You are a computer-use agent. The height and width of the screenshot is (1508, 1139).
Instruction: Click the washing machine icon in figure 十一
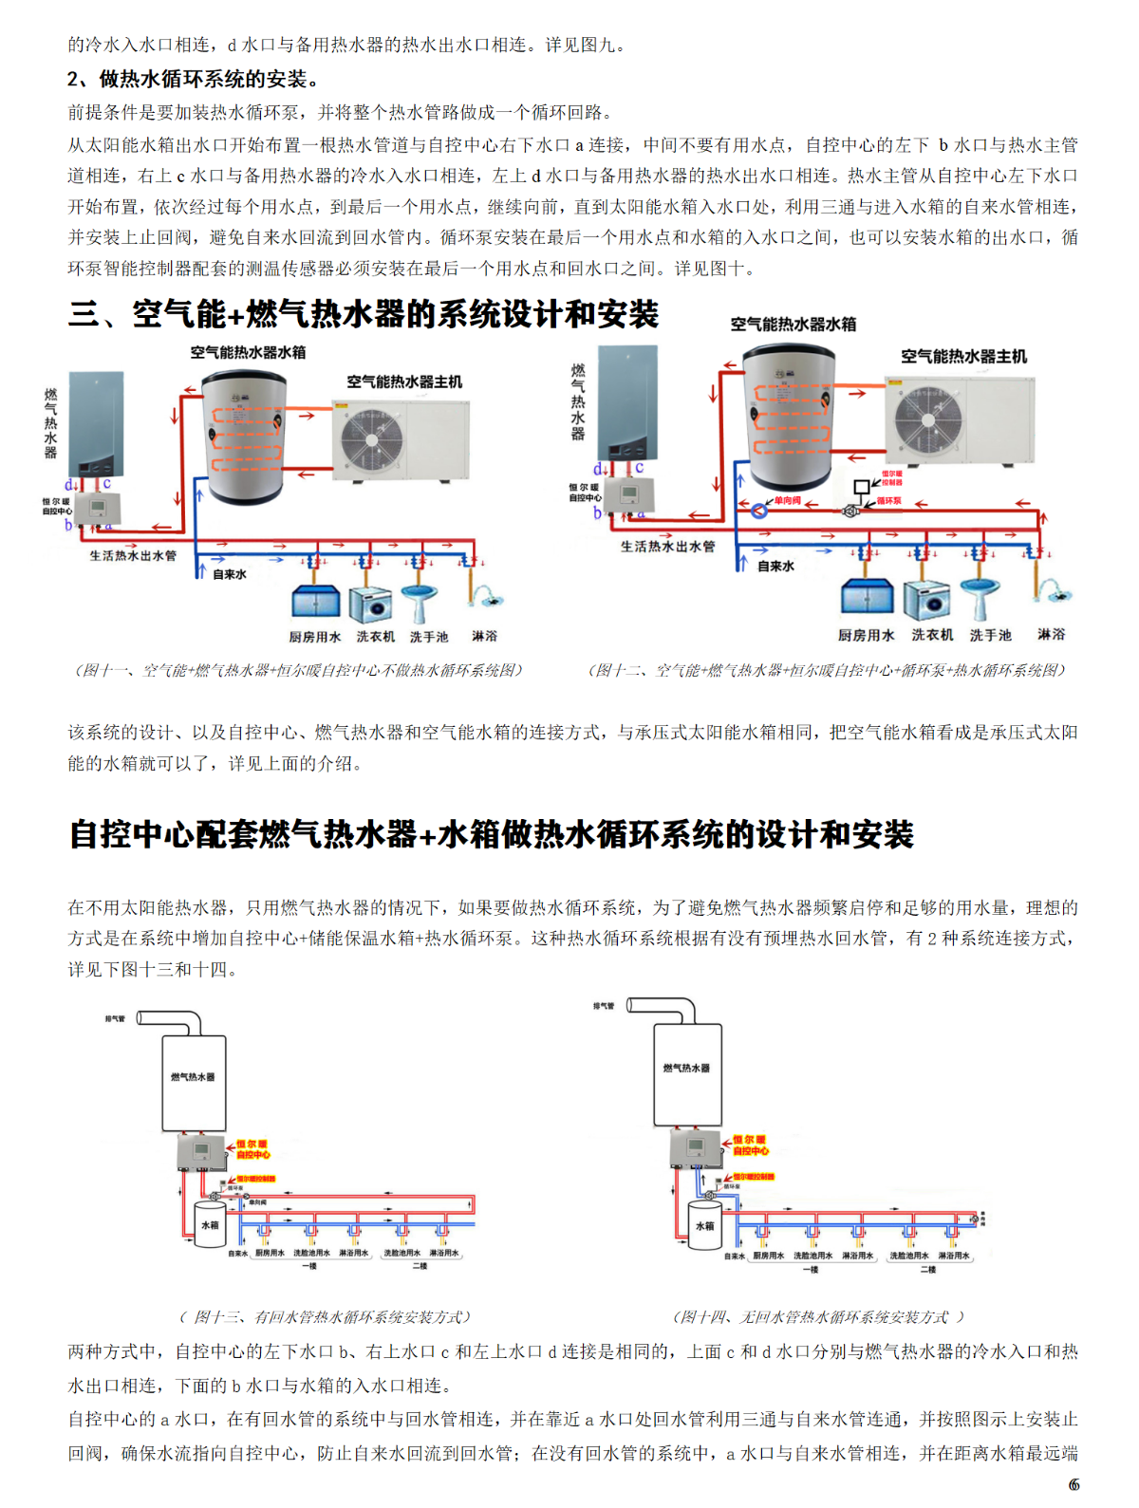point(370,605)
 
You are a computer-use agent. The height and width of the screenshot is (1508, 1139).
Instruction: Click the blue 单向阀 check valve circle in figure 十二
point(759,511)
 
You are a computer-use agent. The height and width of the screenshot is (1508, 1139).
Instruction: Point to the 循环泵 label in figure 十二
point(888,501)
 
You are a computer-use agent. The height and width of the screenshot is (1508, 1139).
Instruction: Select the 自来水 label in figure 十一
point(229,574)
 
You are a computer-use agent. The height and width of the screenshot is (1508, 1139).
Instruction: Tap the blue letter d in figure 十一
point(68,485)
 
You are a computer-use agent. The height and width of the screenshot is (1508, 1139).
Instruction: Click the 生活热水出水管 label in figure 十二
point(667,547)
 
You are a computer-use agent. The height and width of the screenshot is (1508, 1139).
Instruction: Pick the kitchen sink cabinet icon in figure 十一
point(315,603)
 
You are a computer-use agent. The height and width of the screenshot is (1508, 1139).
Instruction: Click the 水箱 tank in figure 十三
point(209,1226)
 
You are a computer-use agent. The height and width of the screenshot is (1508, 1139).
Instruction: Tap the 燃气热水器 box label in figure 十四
point(686,1069)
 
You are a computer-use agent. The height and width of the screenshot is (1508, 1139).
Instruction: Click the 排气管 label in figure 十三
point(115,1019)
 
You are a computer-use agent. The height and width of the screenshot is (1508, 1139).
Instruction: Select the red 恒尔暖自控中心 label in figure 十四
point(750,1145)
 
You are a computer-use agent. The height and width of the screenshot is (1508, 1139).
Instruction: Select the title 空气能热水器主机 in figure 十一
point(404,382)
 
